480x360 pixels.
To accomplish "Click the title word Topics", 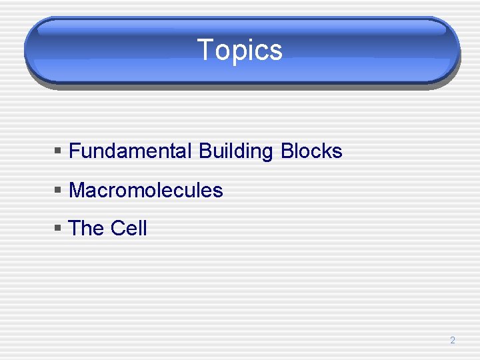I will (240, 50).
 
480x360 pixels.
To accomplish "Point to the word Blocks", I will (311, 151).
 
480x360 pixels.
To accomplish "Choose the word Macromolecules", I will (146, 191).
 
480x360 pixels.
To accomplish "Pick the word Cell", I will (129, 229).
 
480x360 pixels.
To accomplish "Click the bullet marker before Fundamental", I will (58, 152).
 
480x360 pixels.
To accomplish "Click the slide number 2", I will (452, 341).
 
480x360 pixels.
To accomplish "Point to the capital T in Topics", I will (205, 50).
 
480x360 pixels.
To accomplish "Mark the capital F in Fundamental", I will (74, 151).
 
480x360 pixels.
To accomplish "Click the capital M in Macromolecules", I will (77, 191).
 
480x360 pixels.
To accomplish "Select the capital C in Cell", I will (117, 229).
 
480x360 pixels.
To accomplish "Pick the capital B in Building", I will (204, 151).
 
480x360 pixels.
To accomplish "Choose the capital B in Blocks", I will (287, 151).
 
